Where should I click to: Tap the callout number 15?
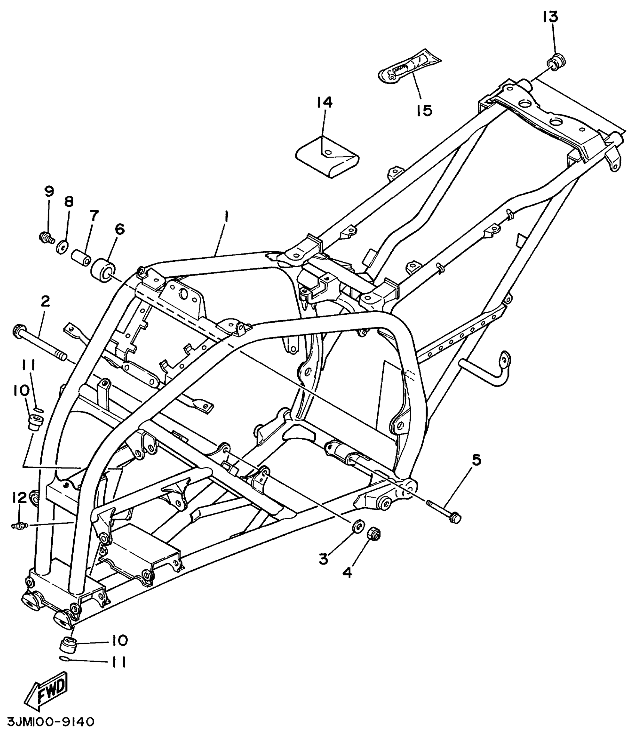click(424, 110)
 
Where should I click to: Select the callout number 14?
click(324, 102)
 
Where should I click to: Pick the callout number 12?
click(19, 497)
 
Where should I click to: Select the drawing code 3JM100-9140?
click(51, 721)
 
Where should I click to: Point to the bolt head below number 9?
click(46, 237)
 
